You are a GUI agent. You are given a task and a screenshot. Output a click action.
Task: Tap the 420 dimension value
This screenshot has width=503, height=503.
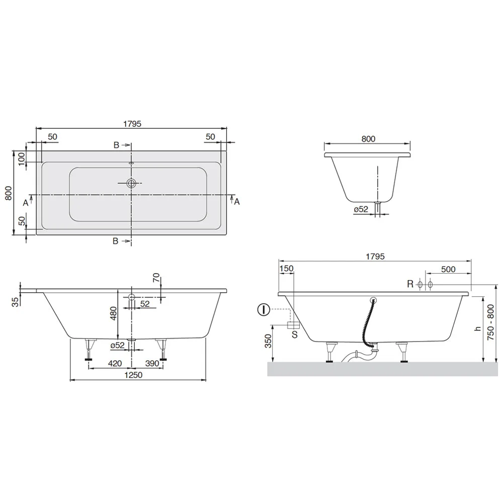click(x=115, y=363)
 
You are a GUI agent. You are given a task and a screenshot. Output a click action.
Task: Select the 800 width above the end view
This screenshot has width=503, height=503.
click(x=368, y=139)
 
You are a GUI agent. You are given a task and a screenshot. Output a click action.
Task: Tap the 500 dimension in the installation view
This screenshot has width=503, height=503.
click(x=448, y=269)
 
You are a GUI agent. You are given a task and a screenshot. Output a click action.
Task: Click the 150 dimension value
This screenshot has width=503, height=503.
click(x=286, y=269)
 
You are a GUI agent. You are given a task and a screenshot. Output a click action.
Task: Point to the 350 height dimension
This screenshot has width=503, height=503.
click(x=268, y=342)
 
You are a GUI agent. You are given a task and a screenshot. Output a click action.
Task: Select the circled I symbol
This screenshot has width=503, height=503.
click(x=262, y=309)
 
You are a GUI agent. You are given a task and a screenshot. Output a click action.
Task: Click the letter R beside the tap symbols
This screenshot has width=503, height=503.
click(x=410, y=284)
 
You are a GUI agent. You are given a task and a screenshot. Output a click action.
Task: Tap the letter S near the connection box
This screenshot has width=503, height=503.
click(x=294, y=333)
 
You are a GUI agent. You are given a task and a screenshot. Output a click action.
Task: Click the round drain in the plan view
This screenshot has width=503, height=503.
click(x=132, y=183)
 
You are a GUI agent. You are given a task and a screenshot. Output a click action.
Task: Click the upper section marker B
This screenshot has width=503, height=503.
click(x=116, y=145)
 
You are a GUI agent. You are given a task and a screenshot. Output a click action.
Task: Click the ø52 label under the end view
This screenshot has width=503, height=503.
click(x=362, y=209)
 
